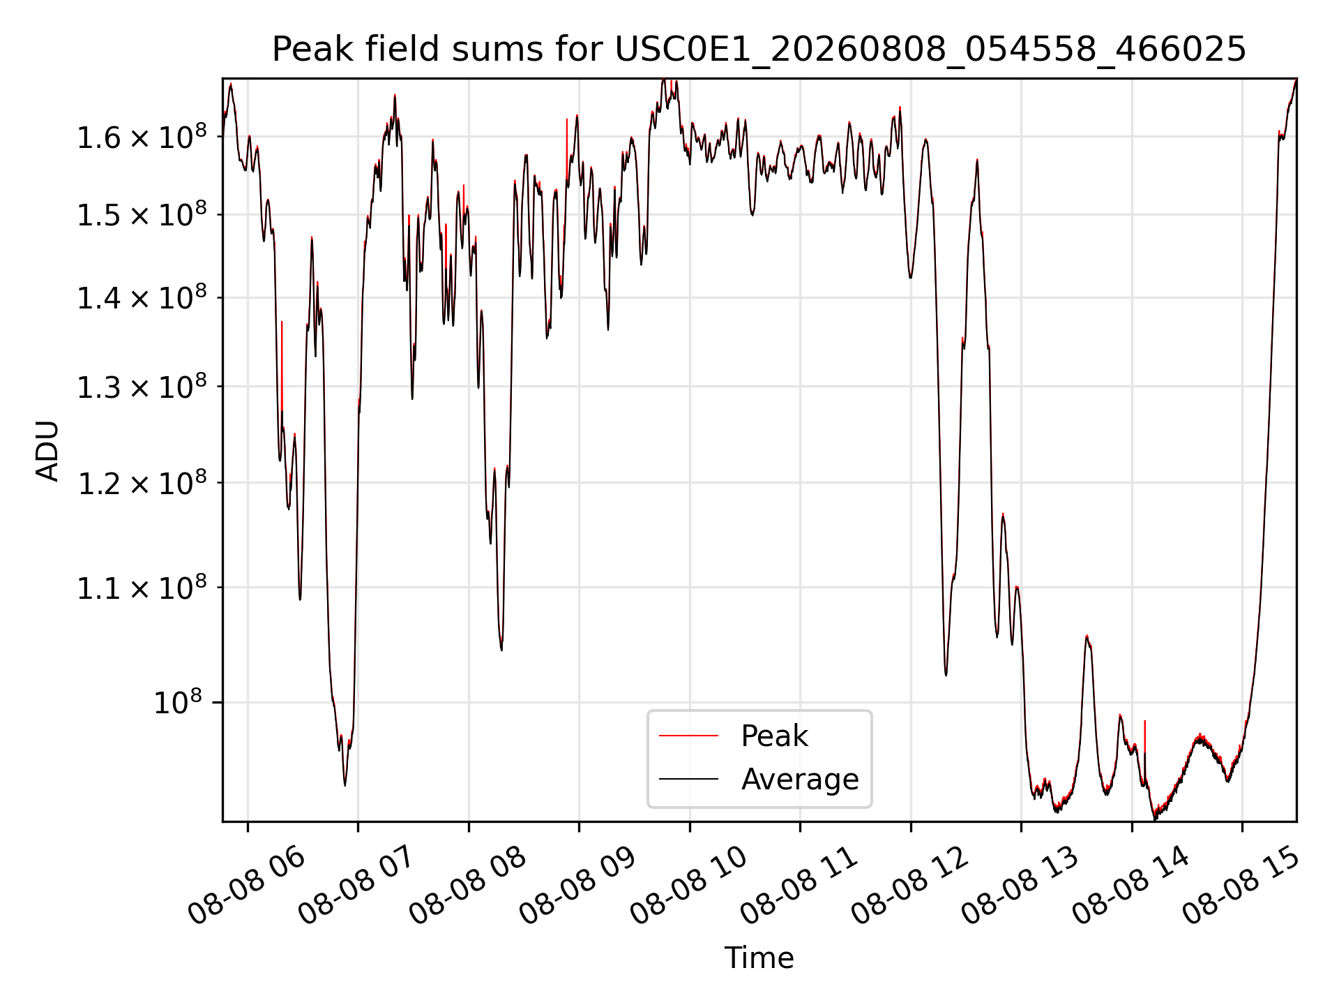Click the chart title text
[759, 50]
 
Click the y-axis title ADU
[47, 451]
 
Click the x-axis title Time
[759, 958]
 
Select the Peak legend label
[774, 736]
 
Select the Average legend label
[800, 779]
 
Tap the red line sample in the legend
[688, 736]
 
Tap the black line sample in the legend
[688, 778]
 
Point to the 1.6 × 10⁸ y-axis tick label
[142, 137]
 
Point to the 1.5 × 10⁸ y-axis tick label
[142, 215]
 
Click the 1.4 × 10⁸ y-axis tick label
[142, 298]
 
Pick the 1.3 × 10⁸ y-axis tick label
[142, 387]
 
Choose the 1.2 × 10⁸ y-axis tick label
[142, 483]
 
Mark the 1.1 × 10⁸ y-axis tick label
[142, 588]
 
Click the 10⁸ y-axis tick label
[180, 702]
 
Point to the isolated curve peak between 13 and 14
[1087, 636]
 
